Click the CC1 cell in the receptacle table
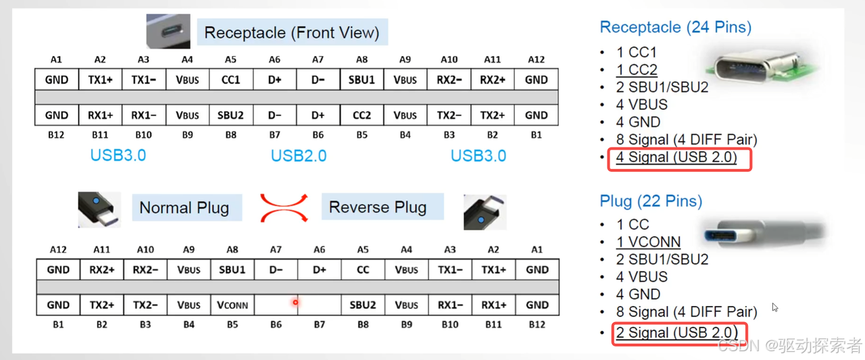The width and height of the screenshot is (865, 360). point(230,80)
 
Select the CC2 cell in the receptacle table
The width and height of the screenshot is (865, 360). point(362,115)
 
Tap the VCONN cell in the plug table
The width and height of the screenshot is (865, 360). point(232,305)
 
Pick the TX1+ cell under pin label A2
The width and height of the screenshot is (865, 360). point(100,80)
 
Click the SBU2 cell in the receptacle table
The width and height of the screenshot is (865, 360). point(230,115)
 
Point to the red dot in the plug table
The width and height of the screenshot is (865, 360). point(295,302)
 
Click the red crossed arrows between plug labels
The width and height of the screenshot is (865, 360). point(283,207)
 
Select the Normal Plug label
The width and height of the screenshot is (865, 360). point(184,208)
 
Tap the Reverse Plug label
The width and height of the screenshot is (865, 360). point(377,207)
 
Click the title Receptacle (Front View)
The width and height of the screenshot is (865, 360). point(291,32)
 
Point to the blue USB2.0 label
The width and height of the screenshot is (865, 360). point(298,156)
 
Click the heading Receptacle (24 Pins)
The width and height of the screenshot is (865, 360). point(675,27)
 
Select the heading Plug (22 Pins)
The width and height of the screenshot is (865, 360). point(651,201)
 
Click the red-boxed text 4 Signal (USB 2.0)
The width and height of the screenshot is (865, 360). point(676,158)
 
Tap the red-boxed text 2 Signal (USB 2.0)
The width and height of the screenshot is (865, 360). point(676,332)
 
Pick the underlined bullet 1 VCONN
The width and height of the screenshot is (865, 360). point(648,242)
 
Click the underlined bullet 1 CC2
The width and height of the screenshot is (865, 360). point(637,70)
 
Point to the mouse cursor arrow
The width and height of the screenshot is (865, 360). point(774,307)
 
